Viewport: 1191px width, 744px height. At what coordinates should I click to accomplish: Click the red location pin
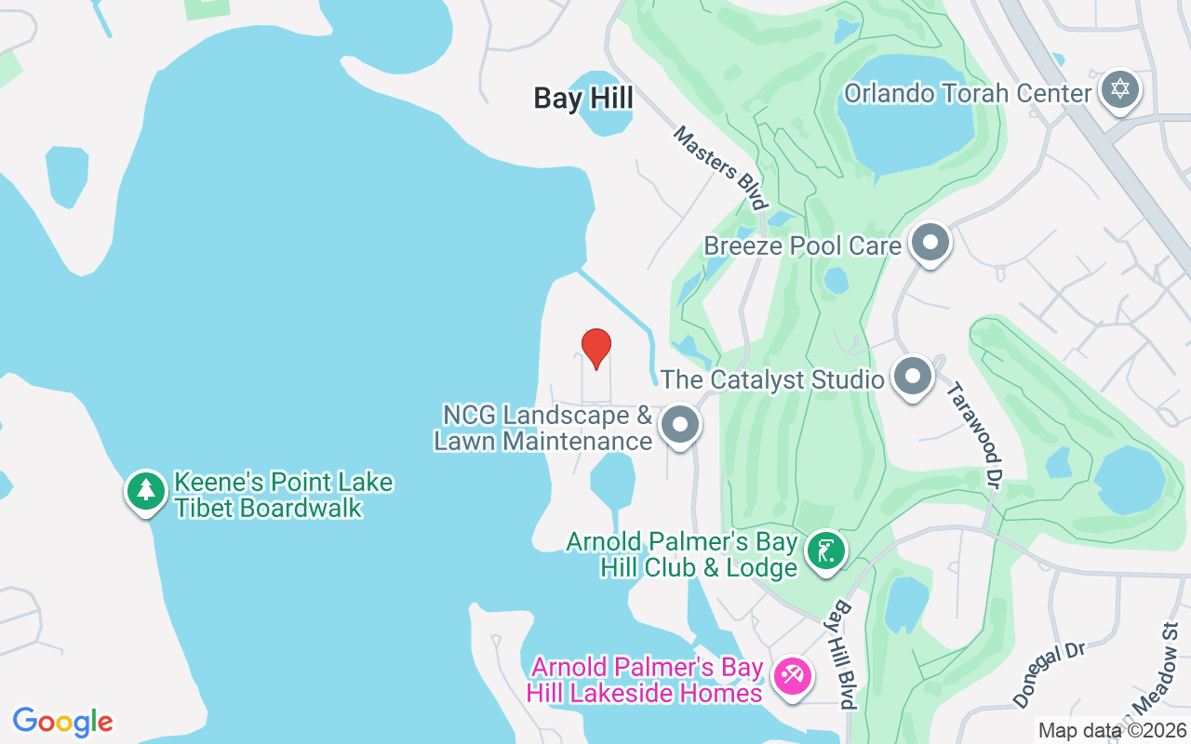pyautogui.click(x=595, y=348)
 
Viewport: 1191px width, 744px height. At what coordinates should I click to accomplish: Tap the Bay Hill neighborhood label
pyautogui.click(x=583, y=99)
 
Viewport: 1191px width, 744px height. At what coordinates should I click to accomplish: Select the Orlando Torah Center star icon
pyautogui.click(x=1119, y=90)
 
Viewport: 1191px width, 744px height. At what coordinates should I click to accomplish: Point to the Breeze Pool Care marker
pyautogui.click(x=930, y=243)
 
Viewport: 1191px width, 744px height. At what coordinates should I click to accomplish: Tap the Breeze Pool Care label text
pyautogui.click(x=802, y=246)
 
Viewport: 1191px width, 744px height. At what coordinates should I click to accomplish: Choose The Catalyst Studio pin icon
pyautogui.click(x=913, y=377)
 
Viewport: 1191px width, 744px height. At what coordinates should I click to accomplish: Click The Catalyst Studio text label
pyautogui.click(x=772, y=379)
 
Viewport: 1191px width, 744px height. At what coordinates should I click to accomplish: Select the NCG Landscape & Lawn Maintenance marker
pyautogui.click(x=680, y=425)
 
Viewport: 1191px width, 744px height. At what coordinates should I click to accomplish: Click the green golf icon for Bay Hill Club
pyautogui.click(x=825, y=551)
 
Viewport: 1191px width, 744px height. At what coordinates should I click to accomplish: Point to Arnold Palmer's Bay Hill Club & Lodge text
pyautogui.click(x=682, y=554)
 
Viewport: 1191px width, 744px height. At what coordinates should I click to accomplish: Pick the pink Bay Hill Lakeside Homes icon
pyautogui.click(x=792, y=676)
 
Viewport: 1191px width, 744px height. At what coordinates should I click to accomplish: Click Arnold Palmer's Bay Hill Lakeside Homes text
pyautogui.click(x=645, y=680)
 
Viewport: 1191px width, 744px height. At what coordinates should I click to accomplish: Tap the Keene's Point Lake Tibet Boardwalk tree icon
pyautogui.click(x=145, y=490)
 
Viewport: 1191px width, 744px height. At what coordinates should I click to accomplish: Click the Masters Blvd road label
pyautogui.click(x=721, y=168)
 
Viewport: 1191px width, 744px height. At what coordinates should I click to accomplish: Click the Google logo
pyautogui.click(x=62, y=722)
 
